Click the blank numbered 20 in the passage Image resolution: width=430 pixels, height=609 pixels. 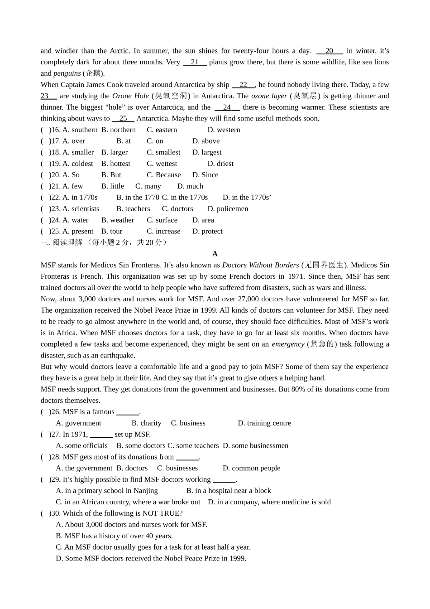330,51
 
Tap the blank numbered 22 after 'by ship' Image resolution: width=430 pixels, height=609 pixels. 243,85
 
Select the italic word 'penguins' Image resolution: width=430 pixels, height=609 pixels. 67,73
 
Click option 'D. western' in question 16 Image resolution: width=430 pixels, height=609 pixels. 224,130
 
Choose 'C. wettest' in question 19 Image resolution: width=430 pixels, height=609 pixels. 162,164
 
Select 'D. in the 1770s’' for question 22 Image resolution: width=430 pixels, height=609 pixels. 247,197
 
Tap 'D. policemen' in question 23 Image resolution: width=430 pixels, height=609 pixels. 228,208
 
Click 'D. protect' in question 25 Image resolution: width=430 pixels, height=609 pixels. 207,231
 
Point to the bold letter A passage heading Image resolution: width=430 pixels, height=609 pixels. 215,254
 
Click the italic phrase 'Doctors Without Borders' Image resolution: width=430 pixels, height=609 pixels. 260,265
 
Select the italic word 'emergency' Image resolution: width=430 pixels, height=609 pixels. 288,344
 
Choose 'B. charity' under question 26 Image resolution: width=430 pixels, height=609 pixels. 146,423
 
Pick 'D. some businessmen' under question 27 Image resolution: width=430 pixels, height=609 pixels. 255,445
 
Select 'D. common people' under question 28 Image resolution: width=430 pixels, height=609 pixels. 251,468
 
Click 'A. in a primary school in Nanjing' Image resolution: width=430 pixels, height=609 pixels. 107,491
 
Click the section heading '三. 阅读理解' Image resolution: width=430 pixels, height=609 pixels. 62,242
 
